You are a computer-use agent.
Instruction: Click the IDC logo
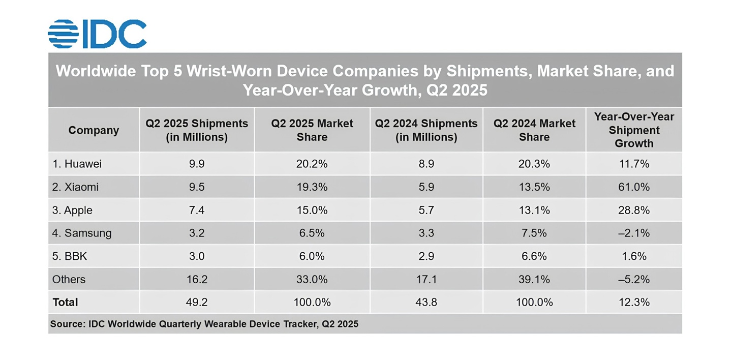click(97, 34)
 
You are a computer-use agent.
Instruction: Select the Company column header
click(94, 130)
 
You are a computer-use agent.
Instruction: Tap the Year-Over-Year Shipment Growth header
click(634, 130)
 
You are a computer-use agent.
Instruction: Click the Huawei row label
click(77, 164)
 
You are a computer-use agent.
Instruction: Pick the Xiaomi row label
click(75, 187)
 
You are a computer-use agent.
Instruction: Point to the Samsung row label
click(81, 233)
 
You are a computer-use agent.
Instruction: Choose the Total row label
click(66, 303)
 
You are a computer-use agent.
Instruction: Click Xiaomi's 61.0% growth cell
click(634, 187)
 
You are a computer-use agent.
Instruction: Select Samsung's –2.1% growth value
click(634, 233)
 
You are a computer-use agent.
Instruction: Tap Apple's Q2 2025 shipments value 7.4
click(196, 211)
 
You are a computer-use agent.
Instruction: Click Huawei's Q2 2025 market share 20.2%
click(312, 164)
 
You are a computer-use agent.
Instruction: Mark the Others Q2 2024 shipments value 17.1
click(426, 280)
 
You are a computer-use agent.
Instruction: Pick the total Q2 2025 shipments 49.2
click(196, 303)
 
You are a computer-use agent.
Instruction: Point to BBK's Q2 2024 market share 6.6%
click(534, 256)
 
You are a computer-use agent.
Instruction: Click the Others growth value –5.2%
click(634, 280)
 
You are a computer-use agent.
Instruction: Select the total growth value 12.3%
click(634, 303)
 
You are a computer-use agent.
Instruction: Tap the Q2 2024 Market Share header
click(534, 130)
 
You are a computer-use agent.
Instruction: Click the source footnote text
click(204, 324)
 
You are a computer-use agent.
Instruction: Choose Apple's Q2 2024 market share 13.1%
click(534, 211)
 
